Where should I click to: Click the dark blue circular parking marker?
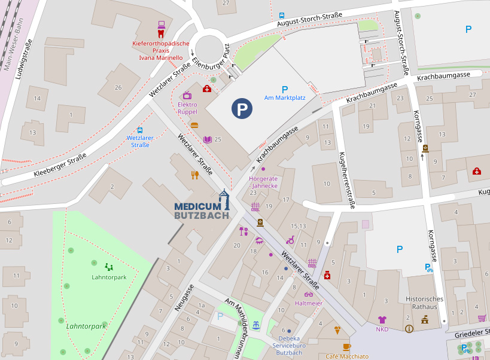242,109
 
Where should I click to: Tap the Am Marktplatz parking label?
284,97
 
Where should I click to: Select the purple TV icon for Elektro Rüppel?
187,95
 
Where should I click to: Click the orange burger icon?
194,126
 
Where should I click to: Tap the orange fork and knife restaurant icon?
194,175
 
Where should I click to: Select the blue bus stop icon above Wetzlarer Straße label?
140,130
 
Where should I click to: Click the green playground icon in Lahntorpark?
109,267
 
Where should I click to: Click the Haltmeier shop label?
309,303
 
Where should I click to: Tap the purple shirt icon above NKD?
382,320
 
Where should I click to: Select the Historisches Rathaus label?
424,303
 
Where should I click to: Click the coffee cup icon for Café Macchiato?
347,347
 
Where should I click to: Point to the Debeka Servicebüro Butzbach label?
288,346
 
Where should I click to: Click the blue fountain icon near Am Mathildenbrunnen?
256,325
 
